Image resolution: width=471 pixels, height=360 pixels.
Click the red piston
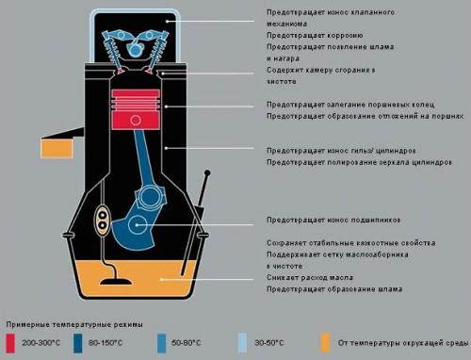(136, 109)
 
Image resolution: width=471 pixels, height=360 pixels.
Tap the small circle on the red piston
(136, 120)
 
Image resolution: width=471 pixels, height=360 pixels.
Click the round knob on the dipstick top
(207, 172)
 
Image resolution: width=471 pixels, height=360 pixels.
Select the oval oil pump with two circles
(103, 221)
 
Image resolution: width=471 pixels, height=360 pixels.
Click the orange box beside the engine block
(57, 149)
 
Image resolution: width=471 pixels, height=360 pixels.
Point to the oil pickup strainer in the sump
(115, 281)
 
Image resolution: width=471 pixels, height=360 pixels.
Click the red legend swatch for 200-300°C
(10, 343)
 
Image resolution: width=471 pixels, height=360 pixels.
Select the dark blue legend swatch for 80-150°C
(77, 343)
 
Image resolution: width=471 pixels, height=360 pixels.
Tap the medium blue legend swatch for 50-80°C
(161, 343)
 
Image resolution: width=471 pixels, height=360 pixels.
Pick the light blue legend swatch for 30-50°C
(242, 343)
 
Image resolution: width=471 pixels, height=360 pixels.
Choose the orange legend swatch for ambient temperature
(325, 343)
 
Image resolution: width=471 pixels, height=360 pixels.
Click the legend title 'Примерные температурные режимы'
(74, 324)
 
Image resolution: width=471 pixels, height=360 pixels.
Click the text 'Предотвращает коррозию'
(315, 35)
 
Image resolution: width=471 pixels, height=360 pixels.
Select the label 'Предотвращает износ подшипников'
(333, 220)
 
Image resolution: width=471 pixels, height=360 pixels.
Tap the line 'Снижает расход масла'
(310, 278)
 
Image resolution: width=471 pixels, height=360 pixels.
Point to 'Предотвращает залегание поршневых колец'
(350, 105)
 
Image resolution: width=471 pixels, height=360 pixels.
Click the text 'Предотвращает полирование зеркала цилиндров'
(360, 162)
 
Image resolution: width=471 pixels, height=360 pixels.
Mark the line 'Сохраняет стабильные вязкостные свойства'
(351, 243)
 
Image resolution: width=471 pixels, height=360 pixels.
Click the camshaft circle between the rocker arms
(135, 49)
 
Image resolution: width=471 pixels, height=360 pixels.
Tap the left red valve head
(121, 72)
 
